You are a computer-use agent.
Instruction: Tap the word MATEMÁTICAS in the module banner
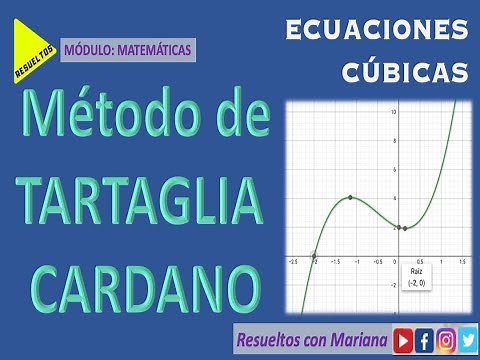(x=153, y=47)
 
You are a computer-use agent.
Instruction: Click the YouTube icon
(x=403, y=337)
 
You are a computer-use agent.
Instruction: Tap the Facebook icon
(x=425, y=337)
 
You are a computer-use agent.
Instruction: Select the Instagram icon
(x=447, y=337)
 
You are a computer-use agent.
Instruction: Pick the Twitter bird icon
(x=468, y=337)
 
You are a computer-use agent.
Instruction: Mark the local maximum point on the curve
(x=350, y=198)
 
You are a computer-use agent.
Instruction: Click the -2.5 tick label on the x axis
(x=292, y=262)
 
